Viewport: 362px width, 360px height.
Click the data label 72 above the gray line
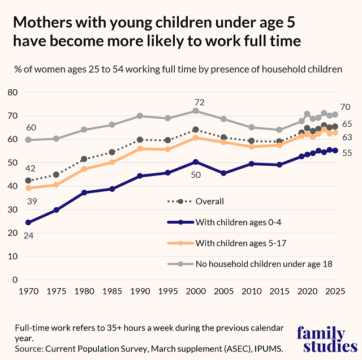pyautogui.click(x=199, y=102)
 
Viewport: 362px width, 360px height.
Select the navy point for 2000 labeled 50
pyautogui.click(x=196, y=162)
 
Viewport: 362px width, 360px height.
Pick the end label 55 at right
pyautogui.click(x=346, y=153)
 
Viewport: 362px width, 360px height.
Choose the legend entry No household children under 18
pyautogui.click(x=264, y=263)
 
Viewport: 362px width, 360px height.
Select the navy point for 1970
pyautogui.click(x=28, y=222)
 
